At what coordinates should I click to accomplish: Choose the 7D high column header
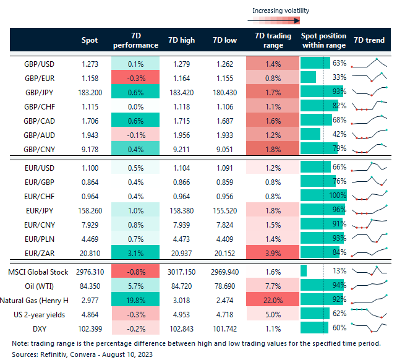coord(181,40)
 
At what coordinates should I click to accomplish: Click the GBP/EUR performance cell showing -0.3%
coord(135,77)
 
